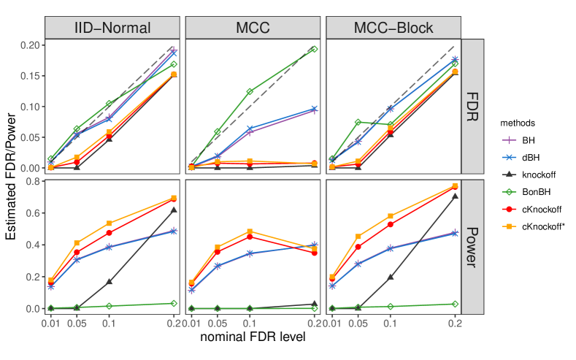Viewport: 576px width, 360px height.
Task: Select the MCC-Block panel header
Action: [x=393, y=28]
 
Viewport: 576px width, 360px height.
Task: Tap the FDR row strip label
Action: [x=473, y=106]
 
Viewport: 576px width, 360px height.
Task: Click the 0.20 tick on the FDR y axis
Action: [x=29, y=45]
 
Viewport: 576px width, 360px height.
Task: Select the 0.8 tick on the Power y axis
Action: [x=34, y=182]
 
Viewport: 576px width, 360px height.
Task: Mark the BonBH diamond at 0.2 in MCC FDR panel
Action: [x=315, y=49]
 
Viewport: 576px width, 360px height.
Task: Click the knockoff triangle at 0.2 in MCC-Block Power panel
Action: [x=455, y=196]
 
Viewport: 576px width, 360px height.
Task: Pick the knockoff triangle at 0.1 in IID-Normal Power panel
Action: [x=110, y=282]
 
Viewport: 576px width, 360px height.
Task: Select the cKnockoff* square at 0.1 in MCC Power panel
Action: [x=250, y=231]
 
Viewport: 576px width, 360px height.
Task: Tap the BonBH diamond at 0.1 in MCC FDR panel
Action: [x=250, y=91]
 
